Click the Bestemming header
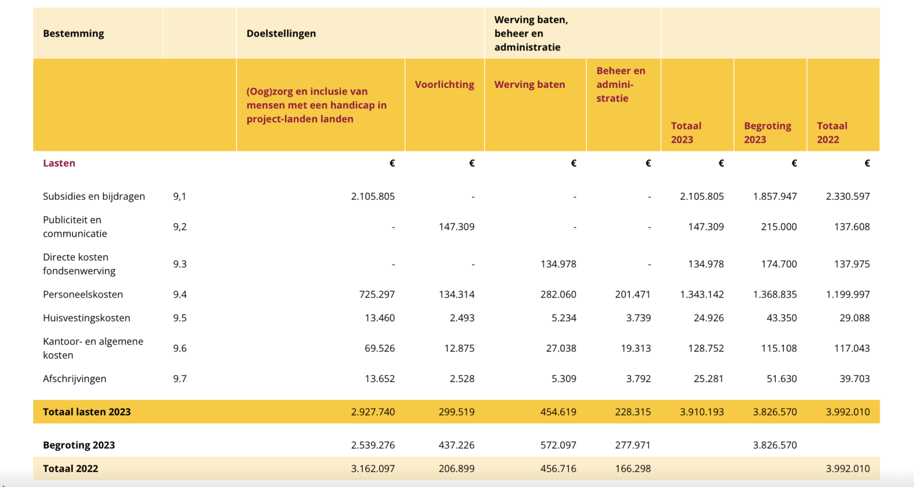tap(74, 34)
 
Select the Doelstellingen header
tap(281, 34)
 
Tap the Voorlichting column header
tap(444, 84)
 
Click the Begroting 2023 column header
tap(767, 132)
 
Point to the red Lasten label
tap(59, 163)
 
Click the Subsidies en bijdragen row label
tap(94, 196)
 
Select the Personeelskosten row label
tap(83, 295)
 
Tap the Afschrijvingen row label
tap(74, 379)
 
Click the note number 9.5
tap(180, 318)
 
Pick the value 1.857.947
tap(775, 196)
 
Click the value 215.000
tap(779, 227)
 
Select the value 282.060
tap(558, 295)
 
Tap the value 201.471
tap(632, 295)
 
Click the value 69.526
tap(379, 348)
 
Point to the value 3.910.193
tap(701, 412)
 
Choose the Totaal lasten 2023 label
tap(87, 412)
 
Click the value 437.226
tap(456, 445)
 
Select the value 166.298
tap(632, 469)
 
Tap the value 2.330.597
tap(848, 196)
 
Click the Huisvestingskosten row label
tap(86, 318)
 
